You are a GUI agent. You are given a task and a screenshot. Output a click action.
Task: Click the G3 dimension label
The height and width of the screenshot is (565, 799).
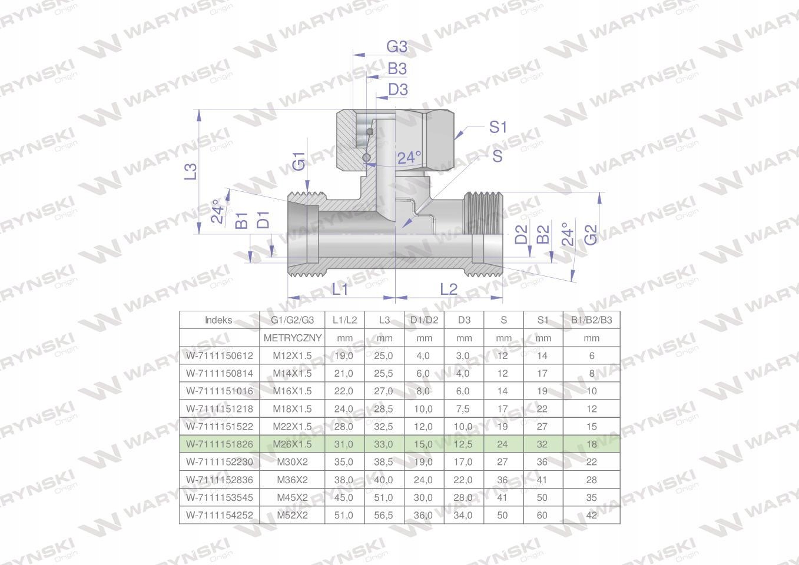click(x=397, y=46)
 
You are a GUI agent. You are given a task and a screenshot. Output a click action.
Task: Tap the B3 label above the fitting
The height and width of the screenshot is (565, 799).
click(x=397, y=68)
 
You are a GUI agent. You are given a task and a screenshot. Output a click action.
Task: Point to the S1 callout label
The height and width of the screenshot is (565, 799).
click(x=498, y=127)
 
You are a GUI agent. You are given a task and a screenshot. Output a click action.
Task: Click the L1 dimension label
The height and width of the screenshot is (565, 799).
click(x=340, y=289)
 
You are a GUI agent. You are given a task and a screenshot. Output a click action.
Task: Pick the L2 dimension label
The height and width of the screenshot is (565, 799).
click(x=448, y=289)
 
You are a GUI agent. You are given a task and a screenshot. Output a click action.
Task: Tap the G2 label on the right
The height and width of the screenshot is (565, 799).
click(x=591, y=235)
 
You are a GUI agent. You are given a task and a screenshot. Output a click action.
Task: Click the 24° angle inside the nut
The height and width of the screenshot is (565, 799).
click(x=409, y=158)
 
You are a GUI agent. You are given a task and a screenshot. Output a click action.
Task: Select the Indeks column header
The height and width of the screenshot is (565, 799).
click(x=218, y=320)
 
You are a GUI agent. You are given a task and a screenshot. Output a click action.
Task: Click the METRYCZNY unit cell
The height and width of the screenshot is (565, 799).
click(x=293, y=338)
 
